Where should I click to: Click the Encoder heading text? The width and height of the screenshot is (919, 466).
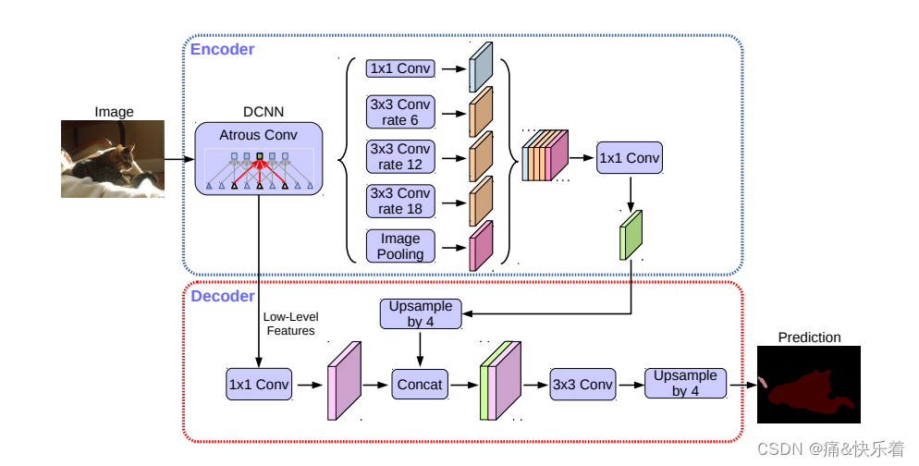[222, 49]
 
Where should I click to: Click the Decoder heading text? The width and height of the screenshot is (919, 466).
[222, 296]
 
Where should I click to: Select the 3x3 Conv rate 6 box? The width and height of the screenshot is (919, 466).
[400, 112]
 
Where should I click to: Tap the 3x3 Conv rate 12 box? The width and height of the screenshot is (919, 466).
[400, 156]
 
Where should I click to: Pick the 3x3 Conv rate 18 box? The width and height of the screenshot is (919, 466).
[400, 201]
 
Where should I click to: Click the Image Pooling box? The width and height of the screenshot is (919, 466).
[400, 246]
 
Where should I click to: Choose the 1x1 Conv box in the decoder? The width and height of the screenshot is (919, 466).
[258, 384]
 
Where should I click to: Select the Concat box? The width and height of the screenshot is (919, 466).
[421, 384]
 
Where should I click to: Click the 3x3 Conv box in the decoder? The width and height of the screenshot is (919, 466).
[582, 384]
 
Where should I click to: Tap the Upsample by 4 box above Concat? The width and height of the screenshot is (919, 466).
[421, 313]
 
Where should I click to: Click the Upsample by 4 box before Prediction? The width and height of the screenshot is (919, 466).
[685, 383]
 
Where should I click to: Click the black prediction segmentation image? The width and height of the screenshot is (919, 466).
[809, 385]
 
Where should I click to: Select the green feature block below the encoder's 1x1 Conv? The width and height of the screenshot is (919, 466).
[631, 236]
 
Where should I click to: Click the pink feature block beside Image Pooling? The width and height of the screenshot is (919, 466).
[481, 246]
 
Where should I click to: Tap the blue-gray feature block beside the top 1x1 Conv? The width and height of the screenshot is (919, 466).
[481, 67]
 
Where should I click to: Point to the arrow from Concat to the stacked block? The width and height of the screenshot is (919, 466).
[465, 384]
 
